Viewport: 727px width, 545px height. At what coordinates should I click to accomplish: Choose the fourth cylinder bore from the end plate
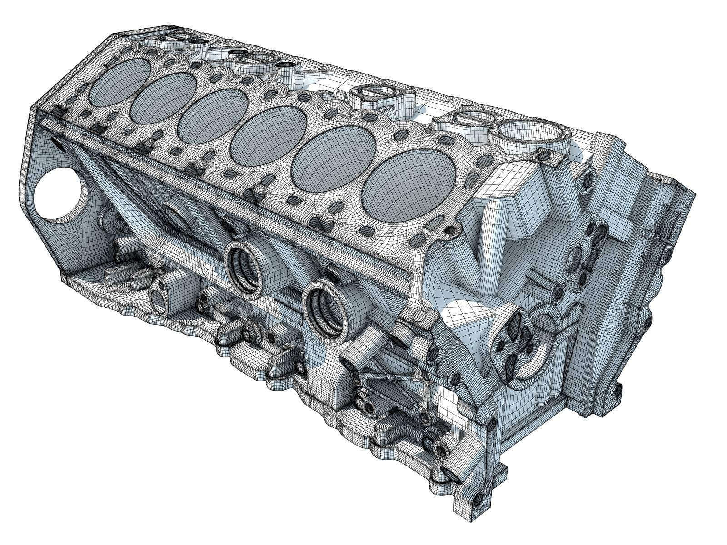268,136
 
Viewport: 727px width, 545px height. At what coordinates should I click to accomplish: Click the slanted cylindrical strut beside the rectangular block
492,236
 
